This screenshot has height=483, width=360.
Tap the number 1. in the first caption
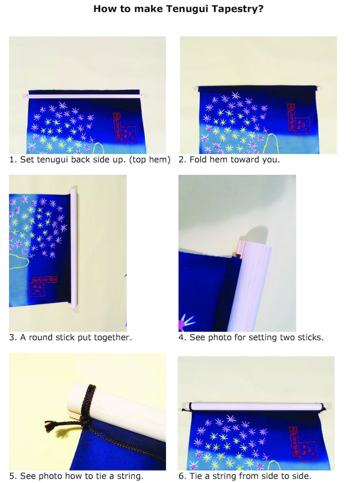point(13,160)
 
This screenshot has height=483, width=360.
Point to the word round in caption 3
point(41,337)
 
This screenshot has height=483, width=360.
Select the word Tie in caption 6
point(195,476)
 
